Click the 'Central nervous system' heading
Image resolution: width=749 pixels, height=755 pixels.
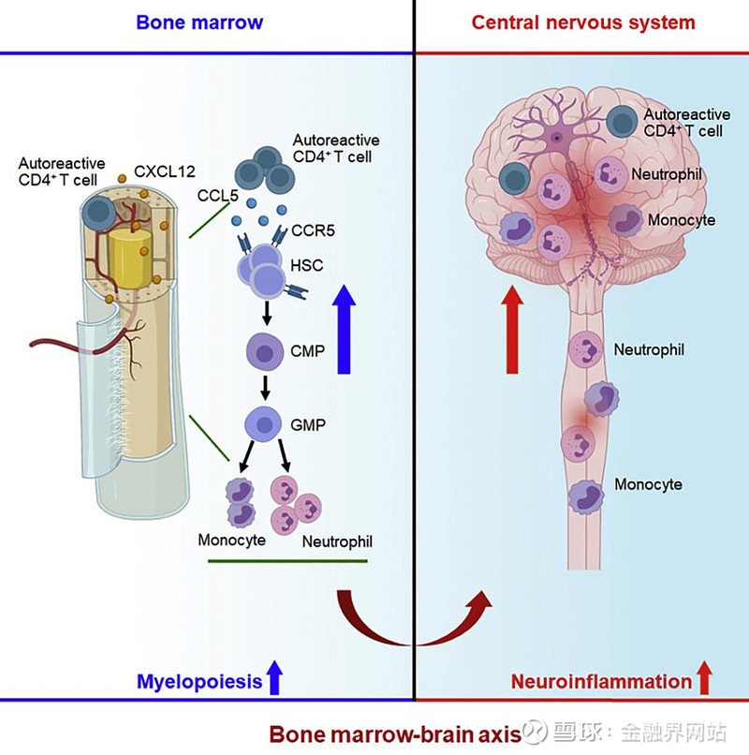click(x=583, y=22)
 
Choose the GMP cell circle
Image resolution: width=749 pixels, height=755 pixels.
click(x=264, y=424)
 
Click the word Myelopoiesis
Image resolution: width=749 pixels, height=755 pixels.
click(x=199, y=682)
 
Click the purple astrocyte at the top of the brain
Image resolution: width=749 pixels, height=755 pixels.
click(x=556, y=138)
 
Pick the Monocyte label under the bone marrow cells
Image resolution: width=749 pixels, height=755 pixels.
click(x=231, y=540)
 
